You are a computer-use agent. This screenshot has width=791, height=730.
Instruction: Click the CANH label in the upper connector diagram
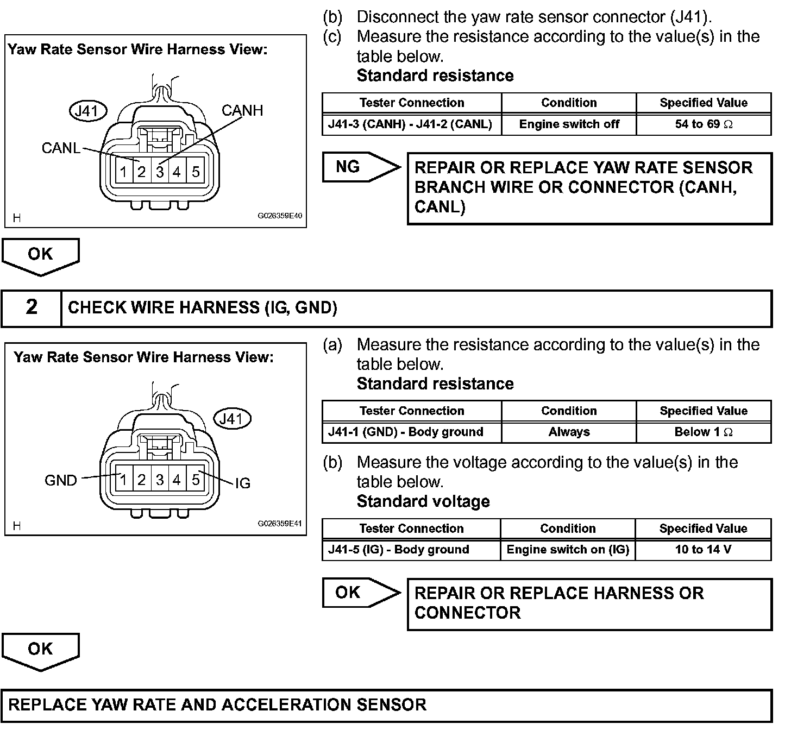[x=242, y=111]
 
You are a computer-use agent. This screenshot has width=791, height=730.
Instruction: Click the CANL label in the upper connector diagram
[x=61, y=148]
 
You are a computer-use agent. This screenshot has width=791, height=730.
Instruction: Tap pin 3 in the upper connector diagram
[x=160, y=172]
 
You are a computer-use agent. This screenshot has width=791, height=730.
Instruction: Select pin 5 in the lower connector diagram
[x=196, y=480]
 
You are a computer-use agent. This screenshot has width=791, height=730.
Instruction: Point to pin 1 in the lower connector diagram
[x=124, y=480]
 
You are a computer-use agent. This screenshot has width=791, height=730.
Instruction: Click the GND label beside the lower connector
[x=61, y=481]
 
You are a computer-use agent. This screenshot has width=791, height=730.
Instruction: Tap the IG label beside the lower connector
[x=243, y=483]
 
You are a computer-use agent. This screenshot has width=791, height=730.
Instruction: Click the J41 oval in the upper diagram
[x=89, y=111]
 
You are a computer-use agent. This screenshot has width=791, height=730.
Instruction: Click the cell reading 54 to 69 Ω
[x=704, y=124]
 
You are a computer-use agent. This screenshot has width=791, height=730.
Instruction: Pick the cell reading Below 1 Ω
[x=704, y=432]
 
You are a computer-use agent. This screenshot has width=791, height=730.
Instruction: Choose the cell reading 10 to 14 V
[x=703, y=550]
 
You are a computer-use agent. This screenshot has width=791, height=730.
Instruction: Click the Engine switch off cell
[x=569, y=124]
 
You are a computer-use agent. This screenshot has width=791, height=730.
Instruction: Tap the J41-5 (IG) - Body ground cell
[x=411, y=550]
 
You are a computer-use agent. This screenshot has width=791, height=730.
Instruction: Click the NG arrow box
[x=356, y=167]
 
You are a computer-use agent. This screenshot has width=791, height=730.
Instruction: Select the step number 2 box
[x=32, y=307]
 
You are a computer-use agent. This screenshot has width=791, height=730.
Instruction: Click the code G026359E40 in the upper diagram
[x=279, y=216]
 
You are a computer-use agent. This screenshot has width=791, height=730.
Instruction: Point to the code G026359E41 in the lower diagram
[x=279, y=524]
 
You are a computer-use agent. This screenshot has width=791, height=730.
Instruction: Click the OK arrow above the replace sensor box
[x=41, y=650]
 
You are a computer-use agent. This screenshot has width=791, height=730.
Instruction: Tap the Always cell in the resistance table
[x=569, y=432]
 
